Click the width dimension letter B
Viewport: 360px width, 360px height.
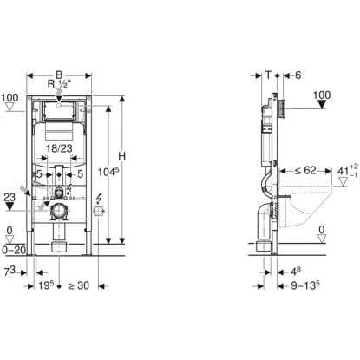point(59,75)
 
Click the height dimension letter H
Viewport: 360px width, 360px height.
point(122,156)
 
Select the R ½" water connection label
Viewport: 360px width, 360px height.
point(59,84)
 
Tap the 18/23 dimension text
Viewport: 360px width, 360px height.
point(59,148)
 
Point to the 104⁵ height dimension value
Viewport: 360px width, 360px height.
point(108,172)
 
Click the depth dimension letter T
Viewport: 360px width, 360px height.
point(269,75)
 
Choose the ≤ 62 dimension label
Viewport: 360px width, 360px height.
point(305,171)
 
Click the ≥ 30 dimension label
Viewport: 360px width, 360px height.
point(78,285)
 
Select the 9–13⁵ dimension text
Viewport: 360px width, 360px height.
point(305,285)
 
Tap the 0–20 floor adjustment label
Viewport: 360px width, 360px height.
point(14,250)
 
